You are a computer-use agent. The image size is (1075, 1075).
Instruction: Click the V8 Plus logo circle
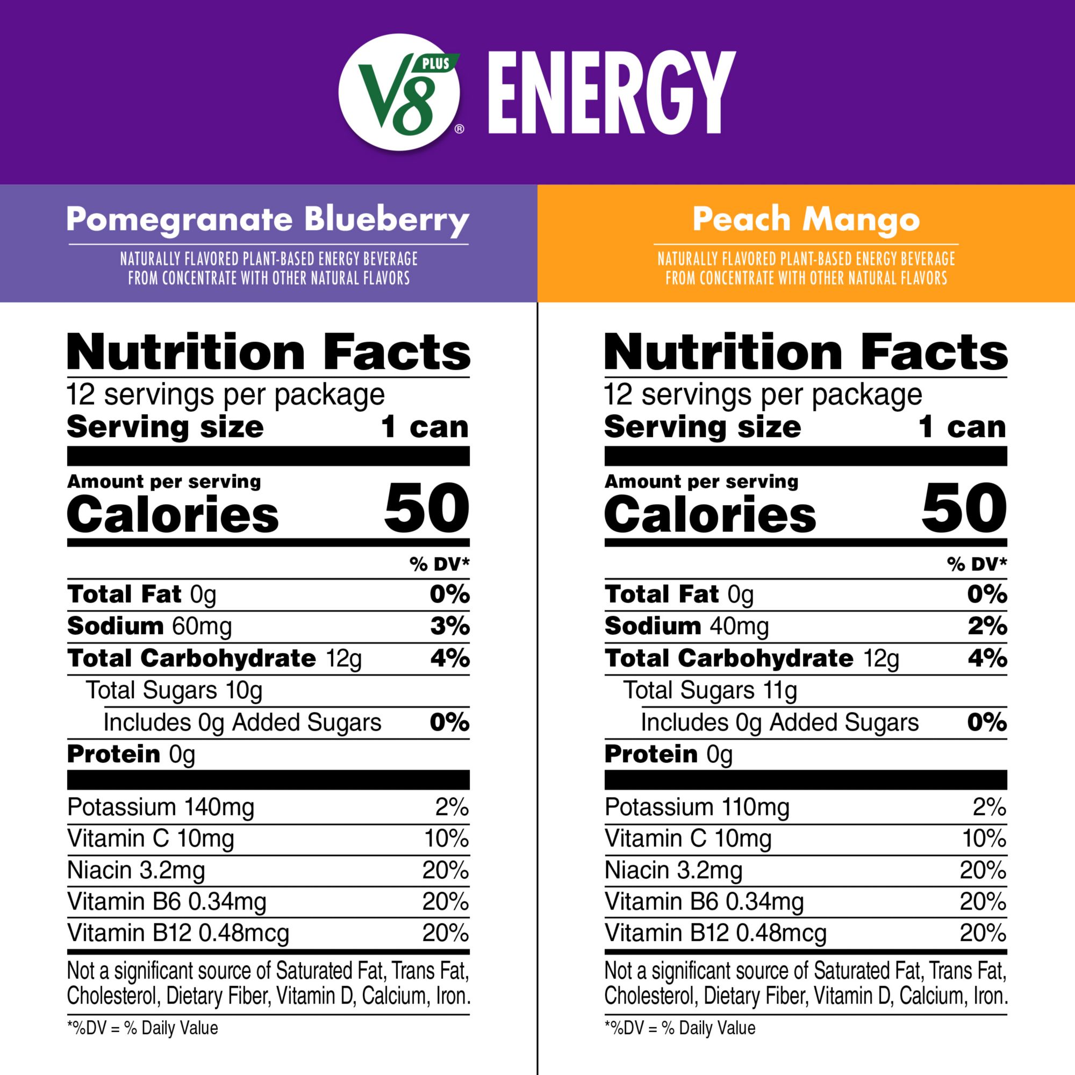pyautogui.click(x=399, y=92)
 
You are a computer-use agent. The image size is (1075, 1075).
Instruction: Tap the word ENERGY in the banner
pyautogui.click(x=612, y=93)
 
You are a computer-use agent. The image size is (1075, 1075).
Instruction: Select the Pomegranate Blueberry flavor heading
pyautogui.click(x=268, y=220)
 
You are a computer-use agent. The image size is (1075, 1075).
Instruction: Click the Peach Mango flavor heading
pyautogui.click(x=806, y=220)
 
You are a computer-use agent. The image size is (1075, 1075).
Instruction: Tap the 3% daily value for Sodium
pyautogui.click(x=449, y=627)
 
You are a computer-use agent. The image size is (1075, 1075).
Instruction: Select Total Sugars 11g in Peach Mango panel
pyautogui.click(x=709, y=691)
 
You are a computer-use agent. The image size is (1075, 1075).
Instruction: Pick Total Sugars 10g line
pyautogui.click(x=174, y=691)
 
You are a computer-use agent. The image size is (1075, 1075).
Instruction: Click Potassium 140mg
pyautogui.click(x=161, y=807)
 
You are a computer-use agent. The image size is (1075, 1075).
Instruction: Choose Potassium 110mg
pyautogui.click(x=697, y=807)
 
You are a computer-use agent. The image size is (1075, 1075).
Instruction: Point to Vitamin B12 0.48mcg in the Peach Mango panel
pyautogui.click(x=715, y=933)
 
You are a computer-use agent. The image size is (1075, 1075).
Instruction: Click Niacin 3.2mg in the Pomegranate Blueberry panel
pyautogui.click(x=137, y=870)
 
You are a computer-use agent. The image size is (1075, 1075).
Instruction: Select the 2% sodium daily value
pyautogui.click(x=987, y=627)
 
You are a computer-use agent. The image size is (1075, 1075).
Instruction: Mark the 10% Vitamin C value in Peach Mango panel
pyautogui.click(x=984, y=838)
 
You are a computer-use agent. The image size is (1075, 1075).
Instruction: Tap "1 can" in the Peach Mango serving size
pyautogui.click(x=962, y=427)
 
